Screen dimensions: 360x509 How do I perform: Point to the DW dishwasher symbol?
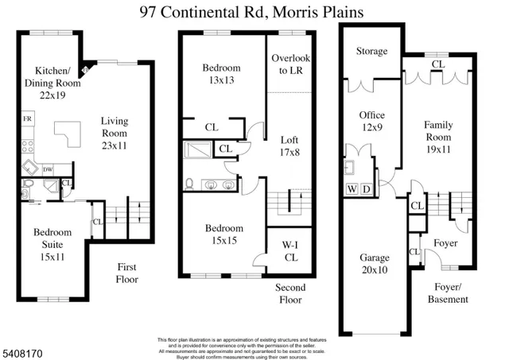(x=48, y=168)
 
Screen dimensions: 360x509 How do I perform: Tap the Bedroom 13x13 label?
(x=222, y=74)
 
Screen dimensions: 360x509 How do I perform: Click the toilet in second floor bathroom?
(x=190, y=184)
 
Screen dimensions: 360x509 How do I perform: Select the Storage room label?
(x=371, y=52)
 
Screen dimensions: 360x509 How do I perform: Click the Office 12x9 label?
(x=371, y=122)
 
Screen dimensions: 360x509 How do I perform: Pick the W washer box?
(x=351, y=188)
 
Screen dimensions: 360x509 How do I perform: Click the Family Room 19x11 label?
(x=438, y=132)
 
